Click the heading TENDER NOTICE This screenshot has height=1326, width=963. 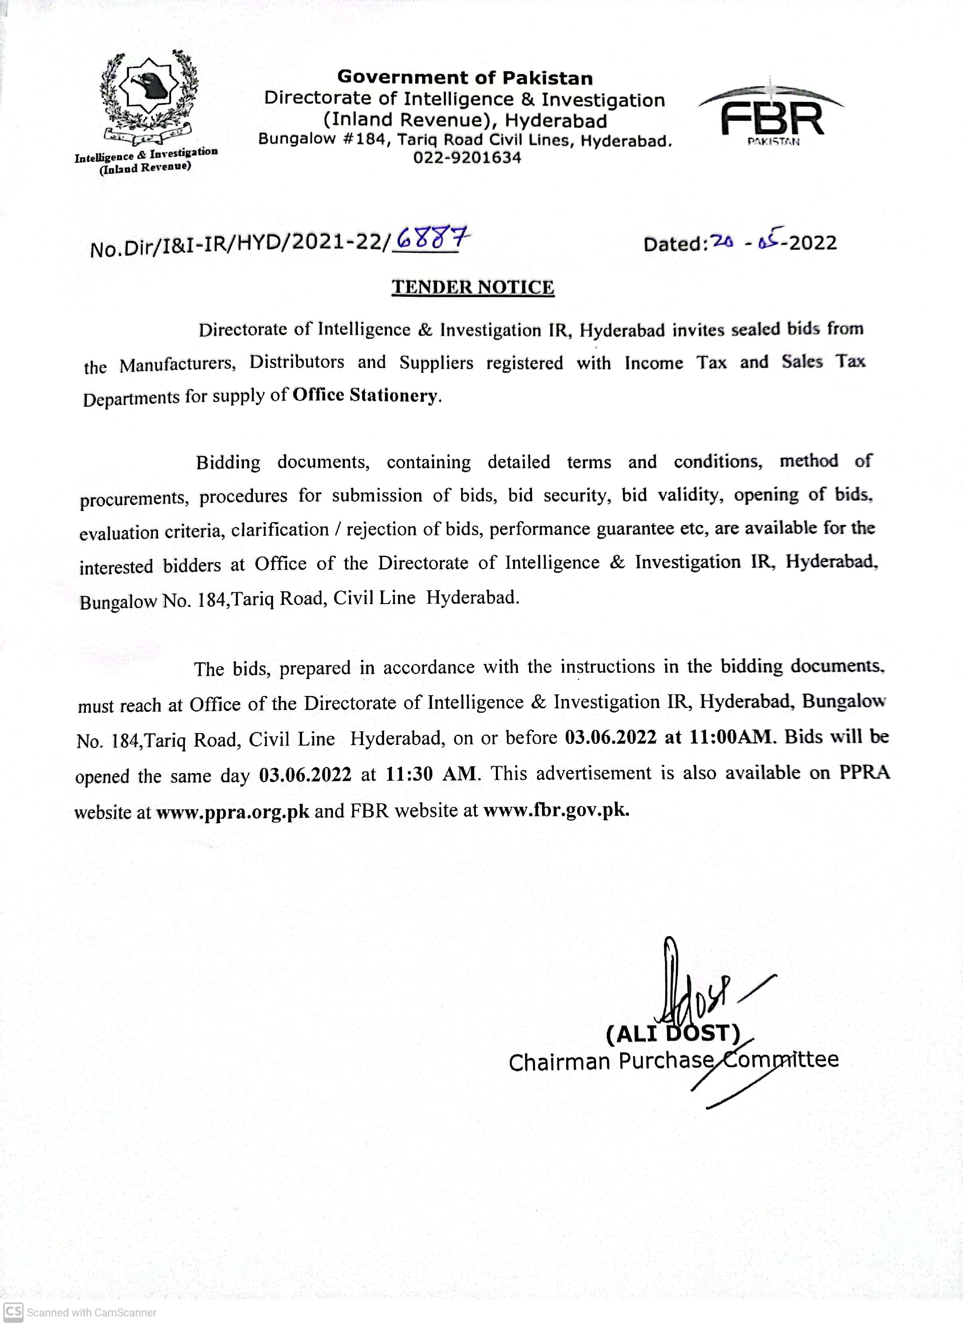pyautogui.click(x=473, y=287)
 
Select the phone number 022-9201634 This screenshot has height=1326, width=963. pyautogui.click(x=467, y=158)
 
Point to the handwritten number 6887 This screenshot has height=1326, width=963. pyautogui.click(x=432, y=239)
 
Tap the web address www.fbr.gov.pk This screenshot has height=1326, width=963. pyautogui.click(x=556, y=810)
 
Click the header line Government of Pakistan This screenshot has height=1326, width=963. pyautogui.click(x=465, y=78)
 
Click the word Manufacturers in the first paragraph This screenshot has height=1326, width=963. pyautogui.click(x=178, y=365)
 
